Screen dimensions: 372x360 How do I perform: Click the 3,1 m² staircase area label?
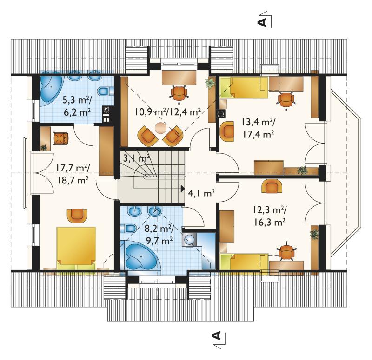click(x=136, y=158)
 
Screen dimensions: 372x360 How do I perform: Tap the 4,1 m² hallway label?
click(x=201, y=193)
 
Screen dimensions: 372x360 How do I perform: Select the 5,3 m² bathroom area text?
click(x=77, y=106)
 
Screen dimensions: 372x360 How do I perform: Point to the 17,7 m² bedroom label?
click(x=73, y=175)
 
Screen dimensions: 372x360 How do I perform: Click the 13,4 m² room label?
click(x=259, y=128)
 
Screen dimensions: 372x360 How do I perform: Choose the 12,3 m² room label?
click(x=269, y=216)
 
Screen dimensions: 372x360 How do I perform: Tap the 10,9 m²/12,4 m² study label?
click(x=168, y=111)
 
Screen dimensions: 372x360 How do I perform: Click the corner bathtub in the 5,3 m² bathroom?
click(x=51, y=88)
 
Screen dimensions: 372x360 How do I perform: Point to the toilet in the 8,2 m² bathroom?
click(x=128, y=229)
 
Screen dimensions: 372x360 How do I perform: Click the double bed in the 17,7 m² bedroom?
click(x=76, y=248)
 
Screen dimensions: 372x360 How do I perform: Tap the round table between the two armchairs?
click(x=160, y=127)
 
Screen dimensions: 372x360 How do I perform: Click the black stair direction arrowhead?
click(x=182, y=189)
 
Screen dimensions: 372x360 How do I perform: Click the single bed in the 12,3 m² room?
click(x=244, y=262)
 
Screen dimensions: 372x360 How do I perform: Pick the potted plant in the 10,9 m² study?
click(x=210, y=83)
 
